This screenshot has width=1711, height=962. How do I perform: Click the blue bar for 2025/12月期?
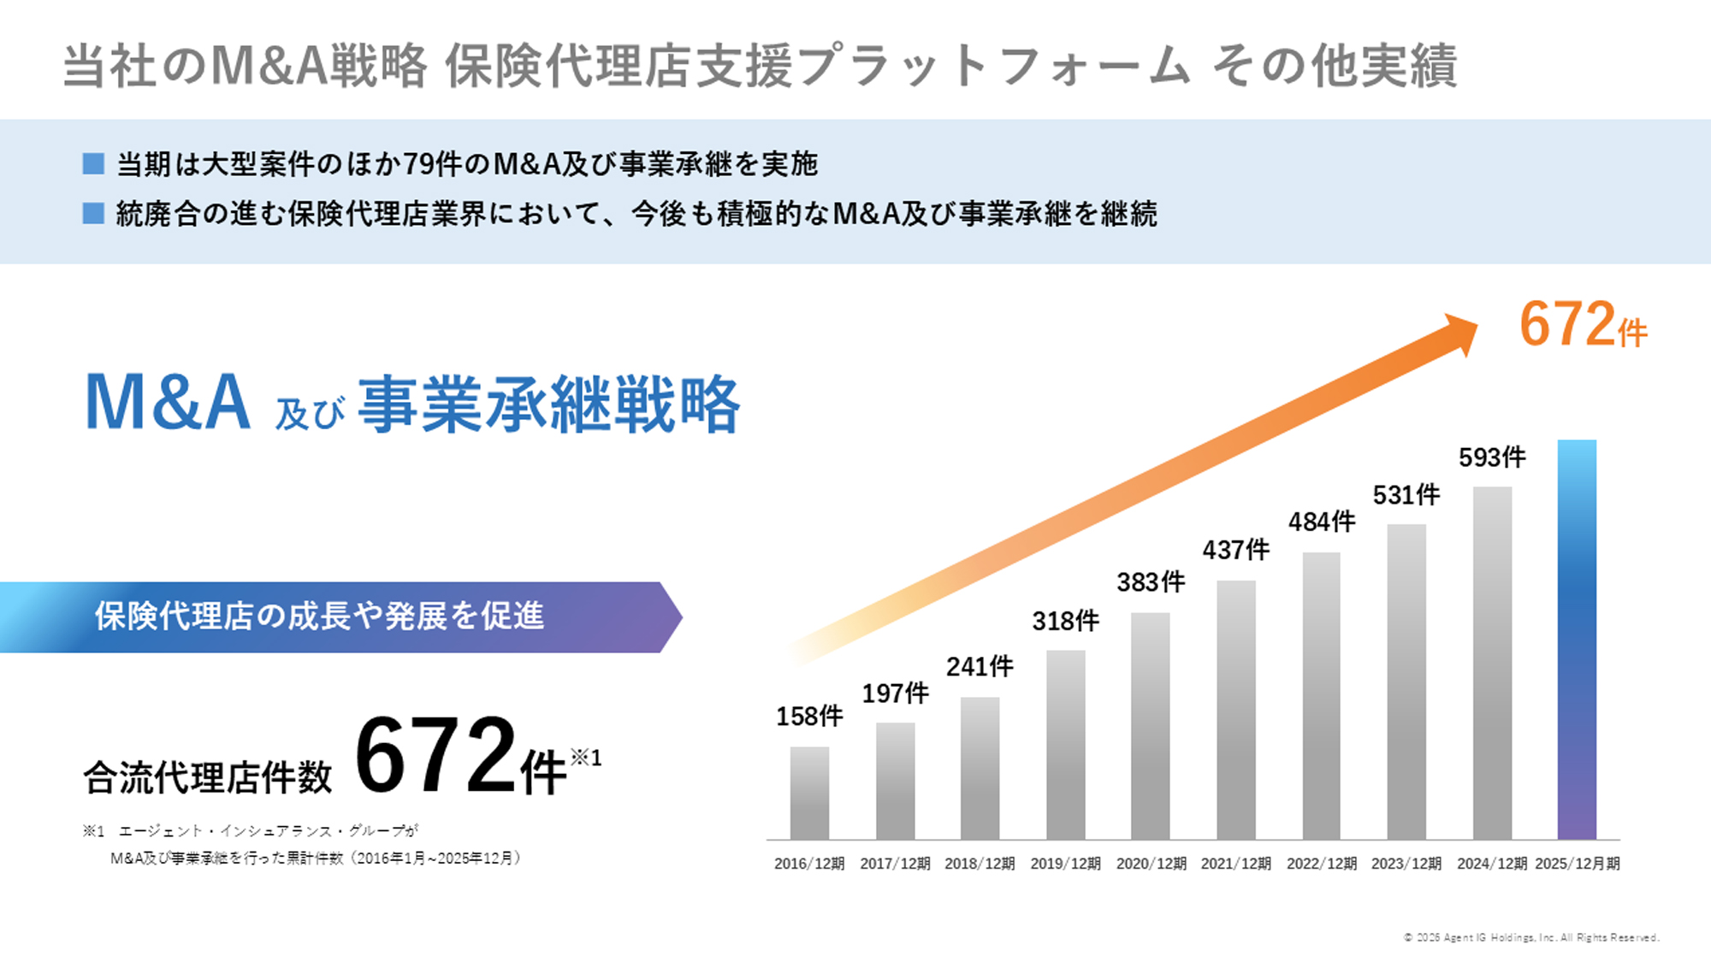click(x=1577, y=640)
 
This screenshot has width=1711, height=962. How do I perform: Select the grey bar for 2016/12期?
click(x=809, y=793)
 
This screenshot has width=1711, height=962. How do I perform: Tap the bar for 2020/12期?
click(x=1150, y=726)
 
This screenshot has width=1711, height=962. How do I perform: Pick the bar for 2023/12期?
click(x=1406, y=682)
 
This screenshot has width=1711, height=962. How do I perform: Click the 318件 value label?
click(x=1065, y=621)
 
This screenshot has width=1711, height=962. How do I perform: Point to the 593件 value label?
click(x=1492, y=457)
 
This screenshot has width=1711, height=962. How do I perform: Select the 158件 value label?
click(x=809, y=717)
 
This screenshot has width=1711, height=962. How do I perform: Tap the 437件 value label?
click(x=1235, y=550)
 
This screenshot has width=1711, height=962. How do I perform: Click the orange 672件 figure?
click(x=1583, y=325)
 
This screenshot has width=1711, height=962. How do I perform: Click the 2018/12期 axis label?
click(x=980, y=864)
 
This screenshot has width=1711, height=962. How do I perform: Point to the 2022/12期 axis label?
click(x=1321, y=864)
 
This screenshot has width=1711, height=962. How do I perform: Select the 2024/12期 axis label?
click(x=1491, y=864)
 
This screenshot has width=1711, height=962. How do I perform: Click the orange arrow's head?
click(x=1459, y=334)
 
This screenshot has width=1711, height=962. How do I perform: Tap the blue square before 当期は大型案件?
click(x=93, y=163)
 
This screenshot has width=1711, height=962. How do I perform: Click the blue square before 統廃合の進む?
click(x=93, y=213)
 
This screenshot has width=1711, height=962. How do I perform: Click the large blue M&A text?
click(x=168, y=402)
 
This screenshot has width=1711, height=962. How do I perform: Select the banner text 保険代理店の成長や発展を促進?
click(x=319, y=616)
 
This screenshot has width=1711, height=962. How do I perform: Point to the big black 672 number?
click(x=436, y=756)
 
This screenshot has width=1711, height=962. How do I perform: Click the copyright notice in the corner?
click(x=1530, y=938)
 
